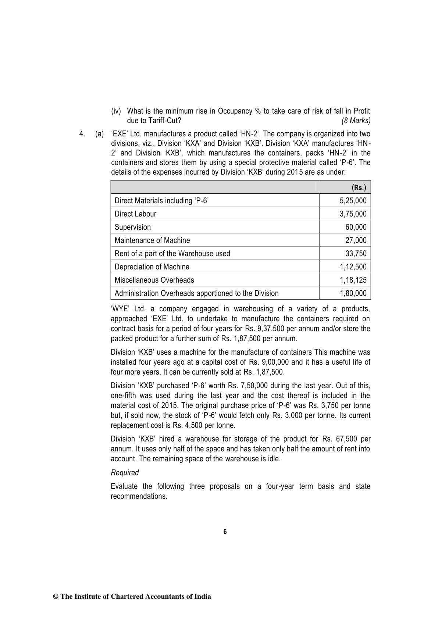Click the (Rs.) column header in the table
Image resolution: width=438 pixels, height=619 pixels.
click(359, 187)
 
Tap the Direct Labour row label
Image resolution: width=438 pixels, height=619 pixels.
click(135, 214)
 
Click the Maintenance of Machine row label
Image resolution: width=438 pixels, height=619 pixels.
click(152, 240)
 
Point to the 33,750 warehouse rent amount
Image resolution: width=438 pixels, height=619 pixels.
click(356, 254)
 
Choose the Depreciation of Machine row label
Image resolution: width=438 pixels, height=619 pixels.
click(152, 267)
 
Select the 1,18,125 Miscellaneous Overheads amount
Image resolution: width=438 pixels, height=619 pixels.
click(353, 280)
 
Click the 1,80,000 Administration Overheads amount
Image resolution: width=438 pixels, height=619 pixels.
click(353, 293)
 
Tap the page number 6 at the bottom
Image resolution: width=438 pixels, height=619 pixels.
click(225, 532)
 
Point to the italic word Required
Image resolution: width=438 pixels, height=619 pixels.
click(125, 473)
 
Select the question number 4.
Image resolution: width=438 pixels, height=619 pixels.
click(81, 134)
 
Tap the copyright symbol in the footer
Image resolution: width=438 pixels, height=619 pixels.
click(56, 597)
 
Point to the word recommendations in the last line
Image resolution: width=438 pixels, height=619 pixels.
click(139, 496)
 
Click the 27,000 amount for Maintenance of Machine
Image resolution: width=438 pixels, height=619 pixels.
click(356, 240)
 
